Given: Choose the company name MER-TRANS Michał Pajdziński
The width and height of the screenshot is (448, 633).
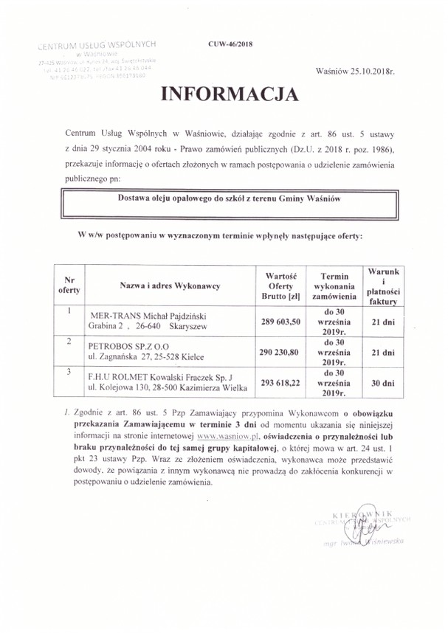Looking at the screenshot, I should (143, 314).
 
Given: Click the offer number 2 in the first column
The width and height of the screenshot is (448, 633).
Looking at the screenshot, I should (68, 341).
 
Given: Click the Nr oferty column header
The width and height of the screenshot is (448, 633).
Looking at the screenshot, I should (68, 286).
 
